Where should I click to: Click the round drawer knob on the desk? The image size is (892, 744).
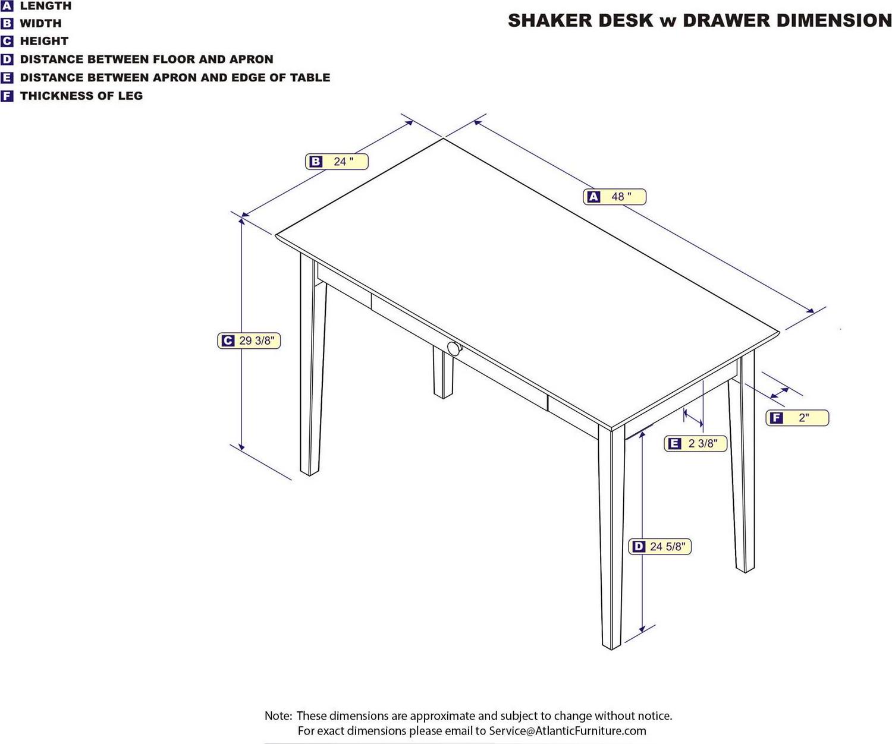click(454, 349)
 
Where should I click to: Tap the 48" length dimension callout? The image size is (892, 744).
click(614, 197)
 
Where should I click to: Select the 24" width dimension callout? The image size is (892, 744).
click(337, 162)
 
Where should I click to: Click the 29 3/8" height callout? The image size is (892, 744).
click(249, 341)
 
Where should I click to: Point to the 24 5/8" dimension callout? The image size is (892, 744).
click(659, 546)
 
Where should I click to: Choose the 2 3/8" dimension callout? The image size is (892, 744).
click(696, 443)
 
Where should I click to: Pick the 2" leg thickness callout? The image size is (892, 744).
click(797, 417)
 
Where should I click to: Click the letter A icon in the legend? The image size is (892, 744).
click(7, 5)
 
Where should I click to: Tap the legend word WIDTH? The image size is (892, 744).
click(40, 24)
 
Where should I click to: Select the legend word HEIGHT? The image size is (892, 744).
click(44, 42)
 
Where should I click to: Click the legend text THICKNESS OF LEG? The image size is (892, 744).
click(81, 96)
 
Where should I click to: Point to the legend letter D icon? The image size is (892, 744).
click(7, 59)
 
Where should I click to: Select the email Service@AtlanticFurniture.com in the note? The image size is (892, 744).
click(567, 730)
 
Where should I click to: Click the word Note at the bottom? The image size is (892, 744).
click(278, 715)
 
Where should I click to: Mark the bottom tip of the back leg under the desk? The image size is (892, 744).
click(443, 398)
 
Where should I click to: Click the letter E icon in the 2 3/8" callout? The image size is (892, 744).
click(674, 443)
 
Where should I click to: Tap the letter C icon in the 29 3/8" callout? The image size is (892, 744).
click(228, 341)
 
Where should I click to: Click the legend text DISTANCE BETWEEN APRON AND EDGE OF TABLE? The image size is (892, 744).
click(175, 78)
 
